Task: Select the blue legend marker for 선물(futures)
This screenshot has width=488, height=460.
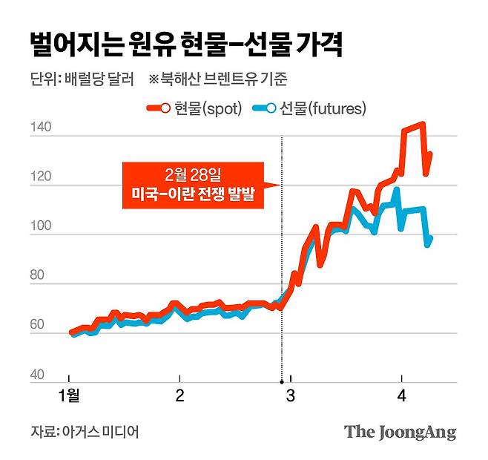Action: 263,109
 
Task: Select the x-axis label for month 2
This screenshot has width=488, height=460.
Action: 179,395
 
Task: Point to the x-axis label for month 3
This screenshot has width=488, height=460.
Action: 290,395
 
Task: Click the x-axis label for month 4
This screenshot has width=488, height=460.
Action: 401,395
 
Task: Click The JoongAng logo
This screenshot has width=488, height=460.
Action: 400,433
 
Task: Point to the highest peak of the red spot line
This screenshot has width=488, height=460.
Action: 422,124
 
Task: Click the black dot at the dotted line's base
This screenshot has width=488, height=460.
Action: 281,383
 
